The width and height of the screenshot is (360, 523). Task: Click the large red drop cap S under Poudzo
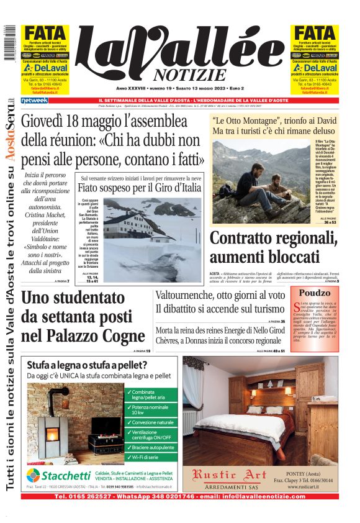pyautogui.click(x=294, y=306)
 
